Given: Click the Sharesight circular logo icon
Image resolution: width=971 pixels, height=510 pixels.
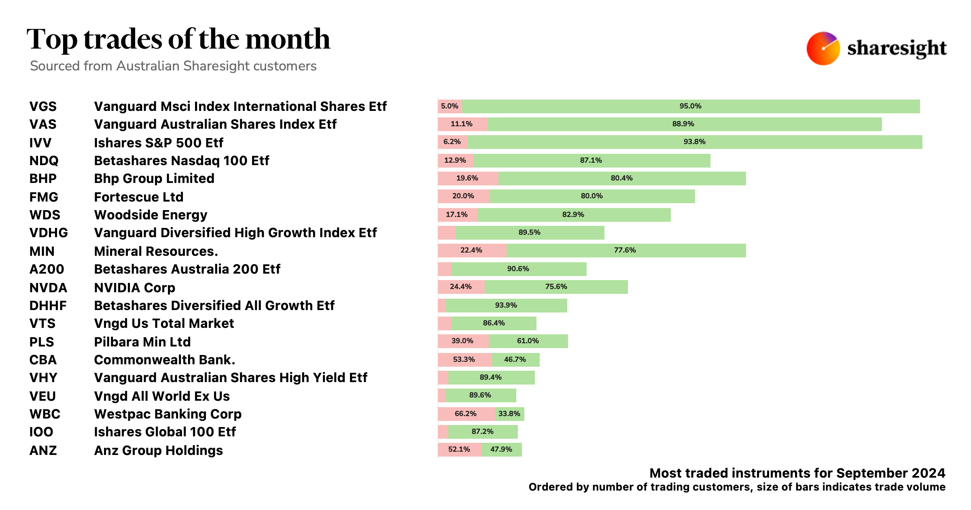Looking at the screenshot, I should pyautogui.click(x=823, y=48).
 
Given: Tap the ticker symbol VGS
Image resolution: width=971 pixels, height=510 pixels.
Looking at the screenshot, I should pyautogui.click(x=43, y=106).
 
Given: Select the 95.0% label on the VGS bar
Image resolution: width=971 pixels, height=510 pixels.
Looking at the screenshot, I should pyautogui.click(x=690, y=106).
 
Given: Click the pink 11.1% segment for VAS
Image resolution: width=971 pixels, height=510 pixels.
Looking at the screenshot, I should pyautogui.click(x=462, y=124).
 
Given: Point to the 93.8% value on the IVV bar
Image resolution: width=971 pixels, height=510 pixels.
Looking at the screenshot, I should pyautogui.click(x=694, y=142).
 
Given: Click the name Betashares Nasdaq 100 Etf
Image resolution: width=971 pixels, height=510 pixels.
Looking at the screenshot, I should pyautogui.click(x=181, y=161).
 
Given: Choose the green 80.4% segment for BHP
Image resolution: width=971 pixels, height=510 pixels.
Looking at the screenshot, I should pyautogui.click(x=622, y=178).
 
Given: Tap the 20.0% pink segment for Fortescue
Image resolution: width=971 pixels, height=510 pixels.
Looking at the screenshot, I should pyautogui.click(x=463, y=196).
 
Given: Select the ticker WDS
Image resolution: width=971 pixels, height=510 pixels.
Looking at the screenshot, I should pyautogui.click(x=45, y=215).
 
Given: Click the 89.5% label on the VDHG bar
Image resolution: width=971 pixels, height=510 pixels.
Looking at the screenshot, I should pyautogui.click(x=529, y=232).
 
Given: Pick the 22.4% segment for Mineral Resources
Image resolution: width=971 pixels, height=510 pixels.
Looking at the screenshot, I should pyautogui.click(x=471, y=250).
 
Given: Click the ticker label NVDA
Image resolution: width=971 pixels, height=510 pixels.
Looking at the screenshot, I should pyautogui.click(x=48, y=288).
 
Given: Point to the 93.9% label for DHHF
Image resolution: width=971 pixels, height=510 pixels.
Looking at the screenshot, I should pyautogui.click(x=506, y=305).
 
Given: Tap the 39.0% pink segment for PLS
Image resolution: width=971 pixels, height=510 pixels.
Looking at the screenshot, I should pyautogui.click(x=462, y=341).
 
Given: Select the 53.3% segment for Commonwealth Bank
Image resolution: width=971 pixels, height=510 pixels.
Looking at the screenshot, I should pyautogui.click(x=464, y=359).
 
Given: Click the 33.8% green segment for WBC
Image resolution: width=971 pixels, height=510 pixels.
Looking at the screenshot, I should pyautogui.click(x=509, y=414).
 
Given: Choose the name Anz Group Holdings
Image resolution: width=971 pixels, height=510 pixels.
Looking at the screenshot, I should pyautogui.click(x=158, y=450).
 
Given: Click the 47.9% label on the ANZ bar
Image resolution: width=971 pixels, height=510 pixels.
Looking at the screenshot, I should pyautogui.click(x=501, y=449).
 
